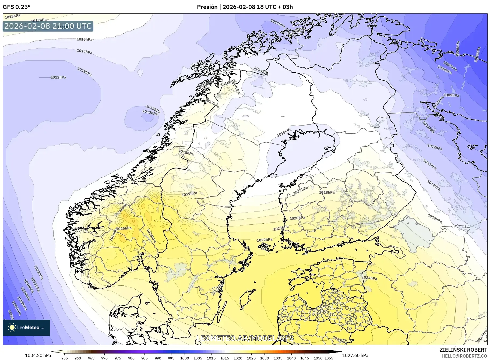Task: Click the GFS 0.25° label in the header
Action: point(16,7)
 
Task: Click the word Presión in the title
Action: point(207,7)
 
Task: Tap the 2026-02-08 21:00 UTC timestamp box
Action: point(48,26)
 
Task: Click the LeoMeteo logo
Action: point(26,327)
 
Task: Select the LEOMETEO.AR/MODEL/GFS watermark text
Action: point(245,338)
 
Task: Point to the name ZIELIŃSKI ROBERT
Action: point(463,350)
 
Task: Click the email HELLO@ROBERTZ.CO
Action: point(464,356)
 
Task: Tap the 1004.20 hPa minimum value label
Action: point(38,355)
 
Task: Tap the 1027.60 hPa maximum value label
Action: point(355,355)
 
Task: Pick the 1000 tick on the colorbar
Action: point(185,358)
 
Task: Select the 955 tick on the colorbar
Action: point(65,358)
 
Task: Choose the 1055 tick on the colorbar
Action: point(329,358)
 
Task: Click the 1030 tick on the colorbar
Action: point(265,358)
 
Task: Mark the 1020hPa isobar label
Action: point(297,218)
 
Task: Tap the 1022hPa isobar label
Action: point(265,240)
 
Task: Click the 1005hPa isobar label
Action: point(477,55)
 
